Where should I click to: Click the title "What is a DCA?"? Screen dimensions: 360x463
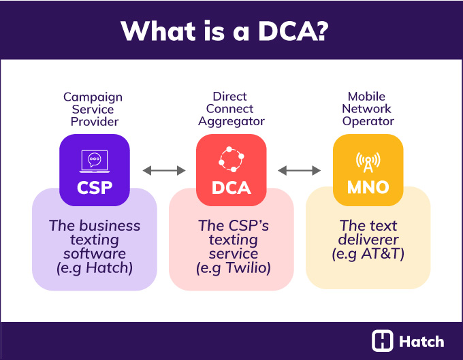point(231,31)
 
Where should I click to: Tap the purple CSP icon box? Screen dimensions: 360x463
point(94,170)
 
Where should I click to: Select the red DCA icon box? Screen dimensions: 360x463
point(231,170)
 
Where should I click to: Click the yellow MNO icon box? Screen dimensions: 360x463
point(368,170)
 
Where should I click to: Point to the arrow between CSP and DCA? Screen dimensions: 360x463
point(163,170)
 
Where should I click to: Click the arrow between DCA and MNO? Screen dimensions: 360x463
point(300,170)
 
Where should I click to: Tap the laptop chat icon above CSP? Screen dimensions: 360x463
point(95,160)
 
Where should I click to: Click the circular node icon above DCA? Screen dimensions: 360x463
point(231,159)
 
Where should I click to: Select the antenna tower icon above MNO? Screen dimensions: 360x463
point(368,160)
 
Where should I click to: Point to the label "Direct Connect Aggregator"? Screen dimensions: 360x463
point(231,109)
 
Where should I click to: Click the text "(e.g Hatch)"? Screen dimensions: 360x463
point(95,268)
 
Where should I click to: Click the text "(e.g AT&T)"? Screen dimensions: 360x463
point(368,254)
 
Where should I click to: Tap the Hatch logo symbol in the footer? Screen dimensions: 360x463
point(383,340)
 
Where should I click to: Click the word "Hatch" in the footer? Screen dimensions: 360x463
point(421,341)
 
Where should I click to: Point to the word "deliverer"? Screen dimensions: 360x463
point(368,240)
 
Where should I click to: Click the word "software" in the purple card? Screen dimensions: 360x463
point(95,254)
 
